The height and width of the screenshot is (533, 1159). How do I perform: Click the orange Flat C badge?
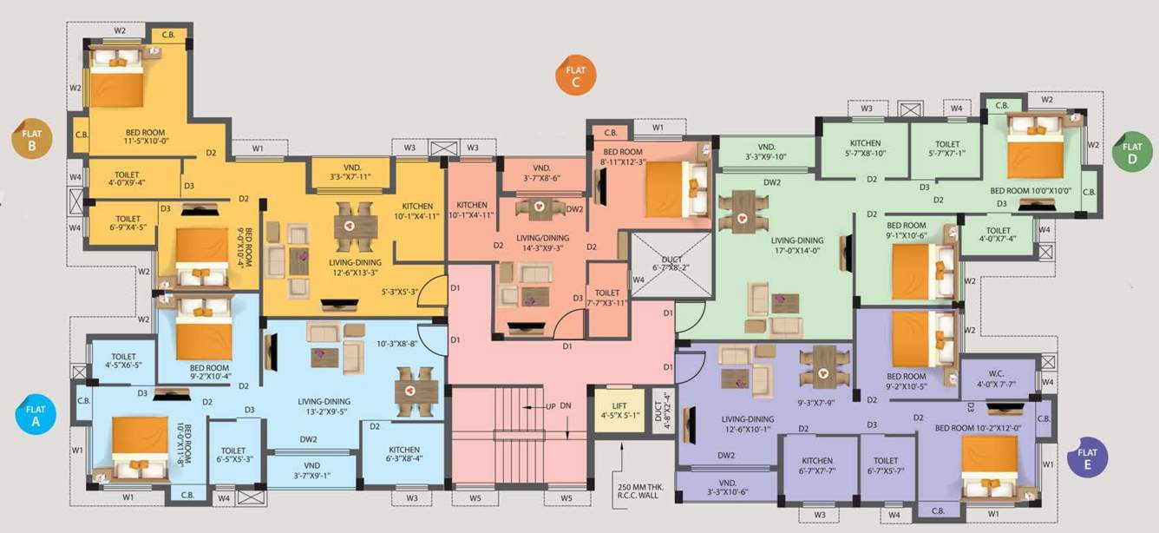click(574, 76)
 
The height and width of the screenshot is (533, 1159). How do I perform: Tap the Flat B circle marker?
click(31, 139)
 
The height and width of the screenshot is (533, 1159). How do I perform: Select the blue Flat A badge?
click(36, 415)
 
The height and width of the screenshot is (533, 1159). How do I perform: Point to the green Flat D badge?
click(1132, 153)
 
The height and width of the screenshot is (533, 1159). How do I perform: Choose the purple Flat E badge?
click(1087, 457)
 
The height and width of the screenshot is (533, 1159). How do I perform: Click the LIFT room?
click(619, 410)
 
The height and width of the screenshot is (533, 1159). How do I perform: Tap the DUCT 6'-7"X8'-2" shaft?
click(671, 265)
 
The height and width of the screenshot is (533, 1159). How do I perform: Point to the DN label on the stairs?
click(566, 405)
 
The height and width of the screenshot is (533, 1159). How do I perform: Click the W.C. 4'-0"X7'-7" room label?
click(995, 378)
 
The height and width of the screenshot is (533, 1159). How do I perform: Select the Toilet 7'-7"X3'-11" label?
click(608, 298)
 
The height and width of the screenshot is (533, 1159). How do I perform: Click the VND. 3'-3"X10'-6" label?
click(727, 487)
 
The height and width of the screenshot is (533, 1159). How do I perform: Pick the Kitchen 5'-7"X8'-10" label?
click(864, 148)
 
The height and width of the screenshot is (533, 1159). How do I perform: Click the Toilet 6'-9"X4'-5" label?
click(128, 224)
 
